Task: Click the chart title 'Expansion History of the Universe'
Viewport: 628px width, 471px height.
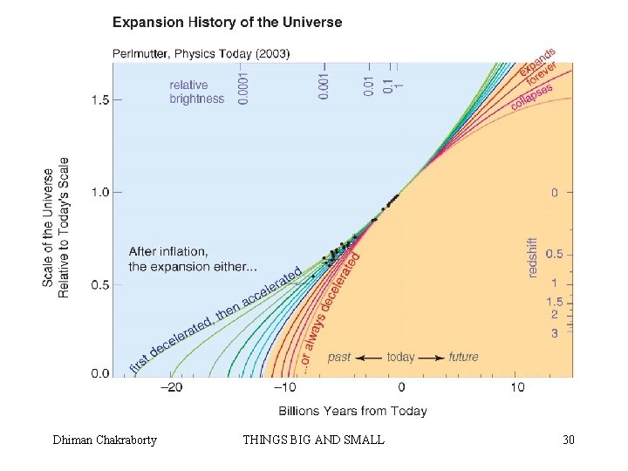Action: (x=227, y=22)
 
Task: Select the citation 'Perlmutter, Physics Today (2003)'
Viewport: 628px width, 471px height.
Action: (x=201, y=54)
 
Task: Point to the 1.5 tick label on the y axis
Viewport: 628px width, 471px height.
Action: (x=100, y=99)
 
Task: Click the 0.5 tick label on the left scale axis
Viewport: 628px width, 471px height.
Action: (x=100, y=284)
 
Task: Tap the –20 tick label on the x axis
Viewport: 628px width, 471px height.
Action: (x=171, y=387)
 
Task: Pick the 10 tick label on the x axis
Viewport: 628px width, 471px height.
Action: (x=517, y=387)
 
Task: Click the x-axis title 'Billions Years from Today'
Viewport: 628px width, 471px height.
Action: (x=353, y=411)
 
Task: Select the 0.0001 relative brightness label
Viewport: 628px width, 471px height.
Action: (x=242, y=88)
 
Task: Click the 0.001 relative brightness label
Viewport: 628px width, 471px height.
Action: (x=324, y=85)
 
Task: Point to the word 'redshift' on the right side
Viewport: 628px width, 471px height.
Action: (x=532, y=257)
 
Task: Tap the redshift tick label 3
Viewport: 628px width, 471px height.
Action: (x=555, y=333)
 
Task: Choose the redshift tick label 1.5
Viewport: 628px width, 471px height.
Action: (x=555, y=302)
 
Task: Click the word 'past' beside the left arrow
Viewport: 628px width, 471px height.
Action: (x=339, y=357)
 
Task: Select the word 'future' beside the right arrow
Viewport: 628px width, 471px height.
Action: (x=463, y=357)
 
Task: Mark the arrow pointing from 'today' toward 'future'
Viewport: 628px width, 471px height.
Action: (x=432, y=358)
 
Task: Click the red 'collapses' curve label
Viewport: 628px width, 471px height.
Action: (x=532, y=97)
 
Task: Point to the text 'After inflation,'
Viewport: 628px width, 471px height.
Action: (x=168, y=251)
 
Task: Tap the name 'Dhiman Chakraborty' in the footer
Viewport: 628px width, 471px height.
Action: (x=105, y=440)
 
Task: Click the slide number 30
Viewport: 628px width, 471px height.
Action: (x=569, y=440)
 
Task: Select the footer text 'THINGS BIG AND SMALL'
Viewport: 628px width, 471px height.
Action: (x=314, y=440)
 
